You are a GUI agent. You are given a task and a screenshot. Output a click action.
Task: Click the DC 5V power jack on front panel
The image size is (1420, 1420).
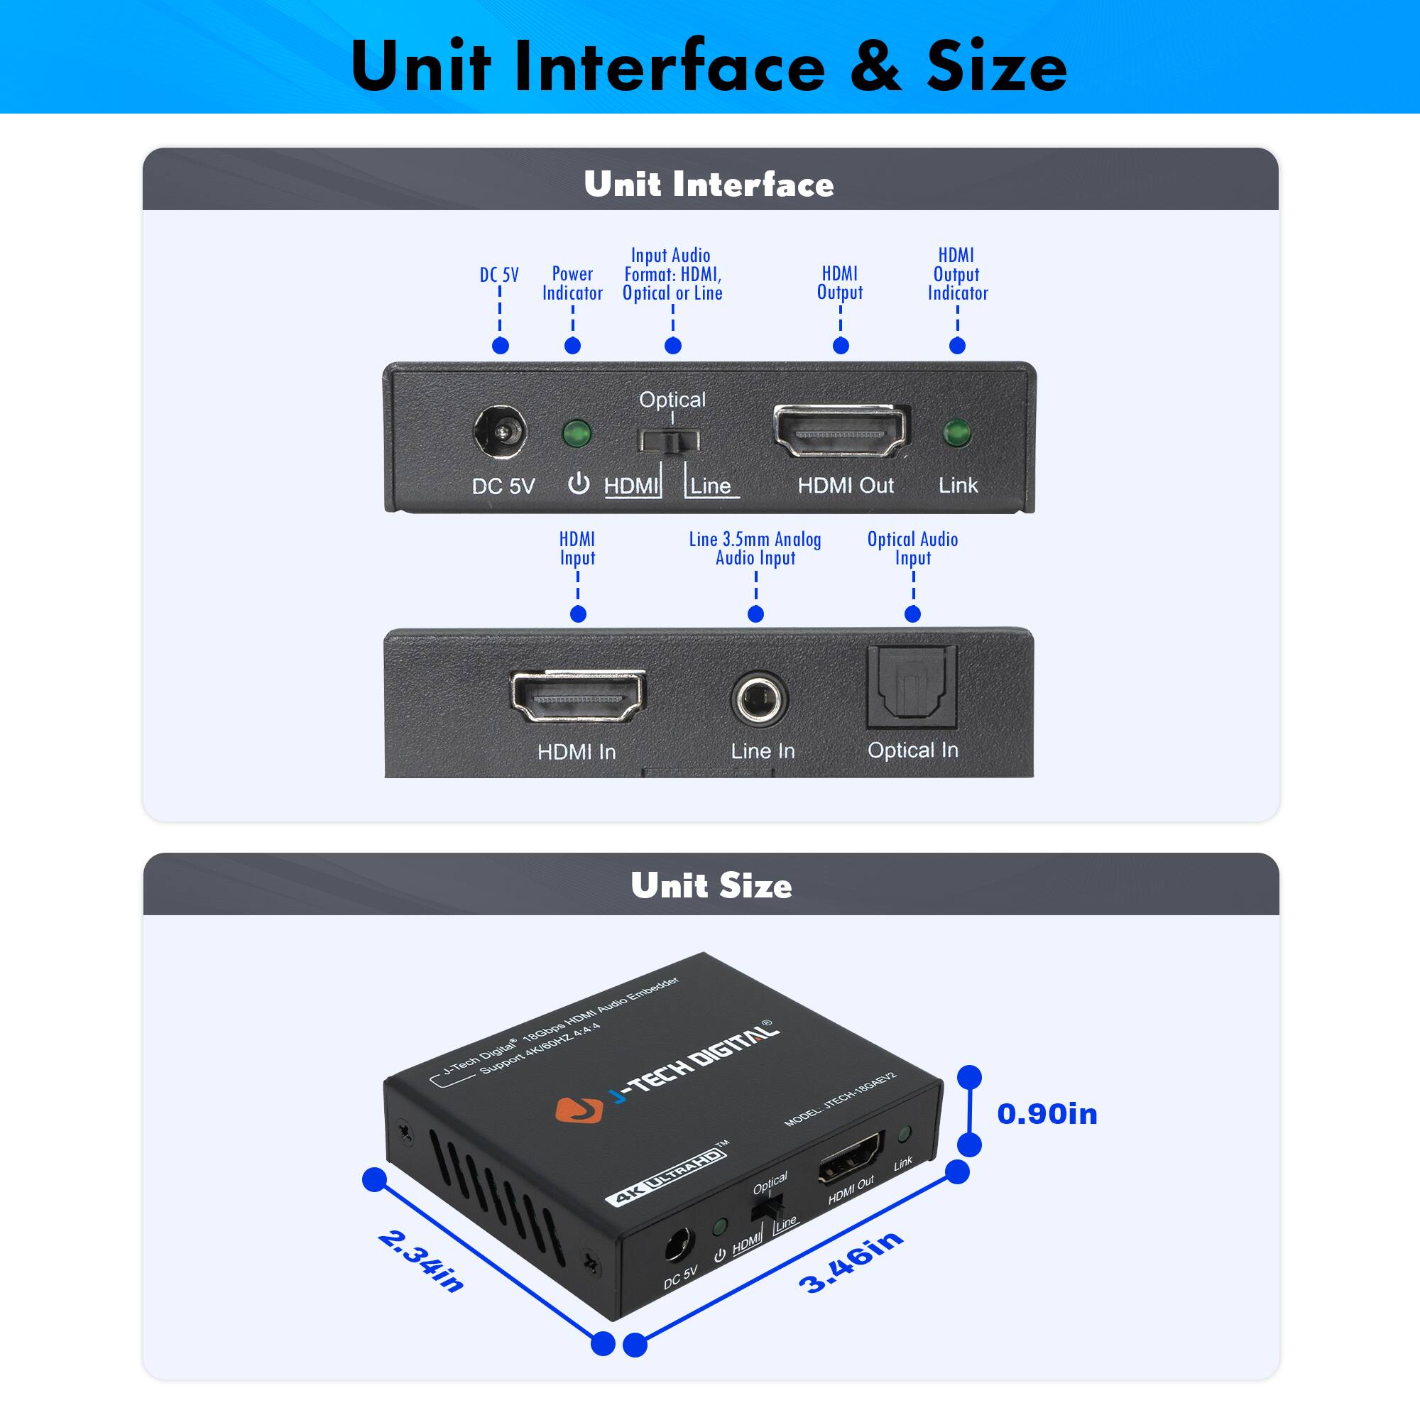tap(500, 432)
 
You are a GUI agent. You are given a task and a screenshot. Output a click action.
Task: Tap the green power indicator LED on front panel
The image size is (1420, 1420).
tap(577, 433)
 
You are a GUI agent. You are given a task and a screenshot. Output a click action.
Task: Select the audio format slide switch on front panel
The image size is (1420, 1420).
tap(668, 441)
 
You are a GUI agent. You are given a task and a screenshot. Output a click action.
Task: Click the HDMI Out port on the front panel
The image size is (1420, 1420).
tap(841, 432)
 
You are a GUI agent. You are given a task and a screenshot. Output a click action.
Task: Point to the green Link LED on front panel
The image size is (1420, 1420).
tap(956, 433)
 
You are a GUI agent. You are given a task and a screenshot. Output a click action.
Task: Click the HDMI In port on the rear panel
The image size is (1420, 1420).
tap(578, 695)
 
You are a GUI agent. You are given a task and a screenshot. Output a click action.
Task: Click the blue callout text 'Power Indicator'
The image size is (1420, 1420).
tap(572, 283)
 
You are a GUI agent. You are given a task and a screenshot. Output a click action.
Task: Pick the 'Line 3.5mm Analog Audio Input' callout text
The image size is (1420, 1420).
tap(755, 548)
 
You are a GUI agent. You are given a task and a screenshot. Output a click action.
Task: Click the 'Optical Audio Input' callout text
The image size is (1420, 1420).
tap(912, 548)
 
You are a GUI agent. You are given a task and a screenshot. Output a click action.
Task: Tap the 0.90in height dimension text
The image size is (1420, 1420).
tap(1047, 1114)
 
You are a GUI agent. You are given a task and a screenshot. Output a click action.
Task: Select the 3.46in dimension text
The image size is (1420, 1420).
tap(851, 1262)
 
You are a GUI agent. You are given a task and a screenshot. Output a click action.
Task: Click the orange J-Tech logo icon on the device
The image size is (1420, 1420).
tap(579, 1110)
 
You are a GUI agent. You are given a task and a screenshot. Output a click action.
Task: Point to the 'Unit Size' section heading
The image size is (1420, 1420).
tap(711, 885)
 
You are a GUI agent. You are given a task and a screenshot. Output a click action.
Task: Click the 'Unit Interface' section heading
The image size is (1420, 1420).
tap(709, 184)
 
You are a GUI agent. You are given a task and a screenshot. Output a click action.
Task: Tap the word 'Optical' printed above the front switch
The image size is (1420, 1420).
tap(672, 399)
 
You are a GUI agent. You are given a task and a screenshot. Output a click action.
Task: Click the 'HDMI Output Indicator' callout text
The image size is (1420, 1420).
tap(957, 274)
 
